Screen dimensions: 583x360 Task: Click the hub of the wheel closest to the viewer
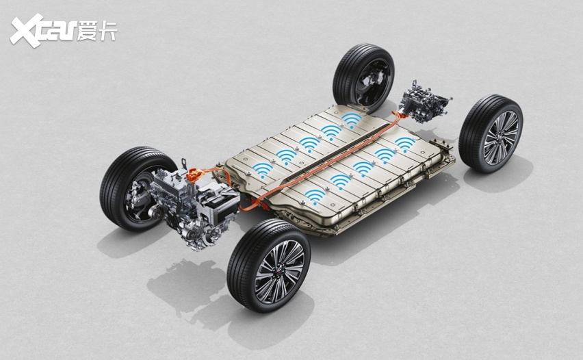point(281,271)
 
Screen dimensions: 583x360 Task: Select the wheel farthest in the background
point(363,79)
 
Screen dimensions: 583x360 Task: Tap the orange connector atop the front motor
point(194,174)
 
